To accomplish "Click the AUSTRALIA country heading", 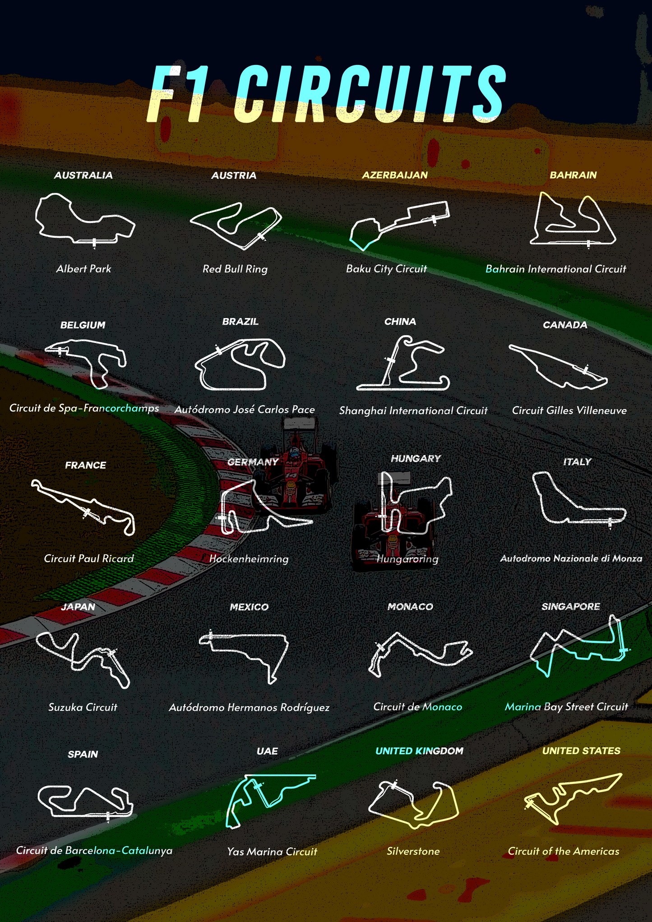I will (x=83, y=175).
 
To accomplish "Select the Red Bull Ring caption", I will (x=235, y=269).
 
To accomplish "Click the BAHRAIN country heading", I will (x=573, y=175).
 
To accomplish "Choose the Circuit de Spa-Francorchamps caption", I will (x=84, y=408).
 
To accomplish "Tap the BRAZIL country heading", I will (x=240, y=322).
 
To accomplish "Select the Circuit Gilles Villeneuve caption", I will (x=569, y=410).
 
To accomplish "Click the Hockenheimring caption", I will (x=249, y=559).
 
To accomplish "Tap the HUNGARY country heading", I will (x=416, y=459).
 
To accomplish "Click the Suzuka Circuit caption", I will (x=83, y=707).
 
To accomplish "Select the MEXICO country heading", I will (x=249, y=607).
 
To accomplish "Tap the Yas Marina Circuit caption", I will (x=272, y=852).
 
